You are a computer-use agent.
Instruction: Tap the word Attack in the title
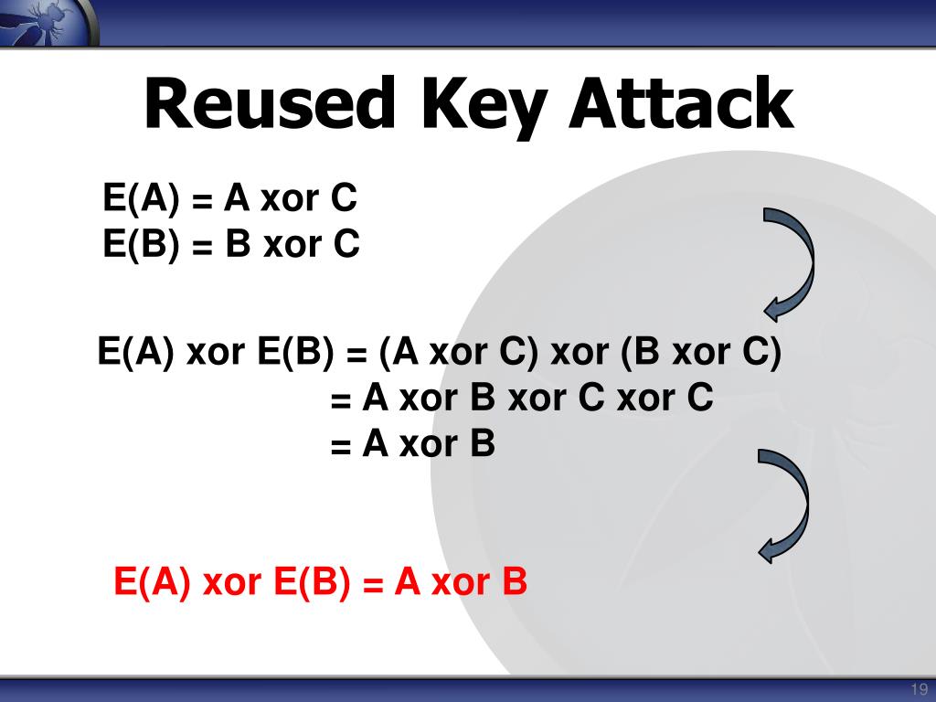pos(679,103)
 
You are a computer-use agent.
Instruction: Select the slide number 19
pos(919,688)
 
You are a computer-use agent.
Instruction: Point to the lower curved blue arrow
pos(784,505)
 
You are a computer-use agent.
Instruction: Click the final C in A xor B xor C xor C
pos(700,399)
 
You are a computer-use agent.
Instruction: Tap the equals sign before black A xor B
pos(341,446)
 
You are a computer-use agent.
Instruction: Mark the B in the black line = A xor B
pos(482,444)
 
